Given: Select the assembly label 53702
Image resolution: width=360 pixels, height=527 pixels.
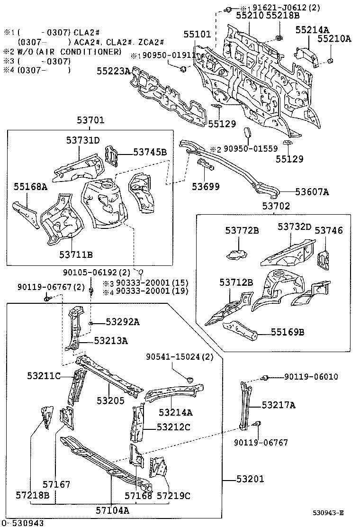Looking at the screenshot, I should point(276,207).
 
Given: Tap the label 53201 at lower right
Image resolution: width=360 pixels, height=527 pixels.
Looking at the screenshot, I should point(250,479).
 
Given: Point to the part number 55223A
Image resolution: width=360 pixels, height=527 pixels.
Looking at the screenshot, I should point(113,71).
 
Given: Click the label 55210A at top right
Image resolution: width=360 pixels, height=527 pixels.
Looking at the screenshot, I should point(334,39).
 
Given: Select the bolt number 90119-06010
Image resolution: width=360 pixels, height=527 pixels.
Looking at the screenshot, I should point(311,377).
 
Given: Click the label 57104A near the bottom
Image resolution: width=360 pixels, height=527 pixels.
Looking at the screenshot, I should point(113,510).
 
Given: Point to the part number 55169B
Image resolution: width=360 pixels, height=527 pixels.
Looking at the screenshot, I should point(288,332).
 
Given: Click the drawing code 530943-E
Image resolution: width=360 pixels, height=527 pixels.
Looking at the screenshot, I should point(327,513).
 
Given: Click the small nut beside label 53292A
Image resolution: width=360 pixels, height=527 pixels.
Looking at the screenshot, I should point(90,323).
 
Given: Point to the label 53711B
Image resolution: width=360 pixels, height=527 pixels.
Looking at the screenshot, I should point(76,254).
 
